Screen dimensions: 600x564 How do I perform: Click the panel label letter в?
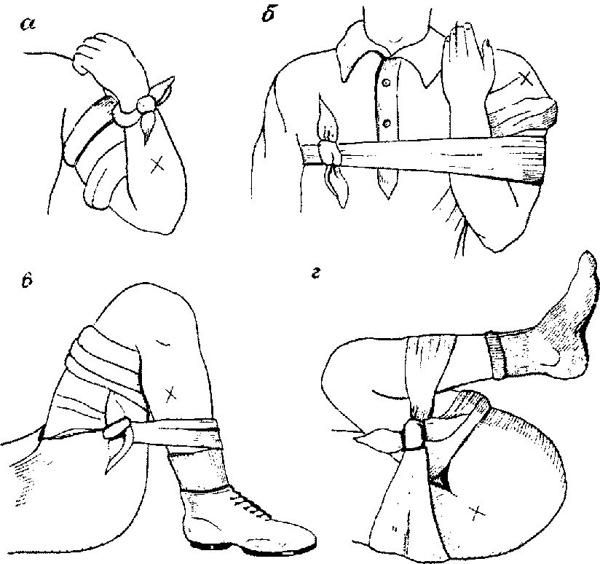pyautogui.click(x=26, y=280)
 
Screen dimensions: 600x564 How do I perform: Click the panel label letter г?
pyautogui.click(x=315, y=274)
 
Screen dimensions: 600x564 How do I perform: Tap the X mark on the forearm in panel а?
pyautogui.click(x=156, y=165)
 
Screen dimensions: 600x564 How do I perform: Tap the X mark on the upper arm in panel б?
pyautogui.click(x=526, y=79)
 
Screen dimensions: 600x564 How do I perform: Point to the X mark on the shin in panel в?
pyautogui.click(x=170, y=394)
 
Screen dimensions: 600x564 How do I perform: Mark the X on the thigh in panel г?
pyautogui.click(x=475, y=512)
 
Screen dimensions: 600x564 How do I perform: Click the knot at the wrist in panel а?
pyautogui.click(x=146, y=104)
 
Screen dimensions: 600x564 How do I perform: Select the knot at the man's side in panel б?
pyautogui.click(x=330, y=153)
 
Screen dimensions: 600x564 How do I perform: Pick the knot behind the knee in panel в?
pyautogui.click(x=115, y=428)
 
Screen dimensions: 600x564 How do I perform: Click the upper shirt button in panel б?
pyautogui.click(x=386, y=82)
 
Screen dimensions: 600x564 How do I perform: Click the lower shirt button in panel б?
pyautogui.click(x=387, y=123)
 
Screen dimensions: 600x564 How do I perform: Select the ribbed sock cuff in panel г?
pyautogui.click(x=496, y=355)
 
